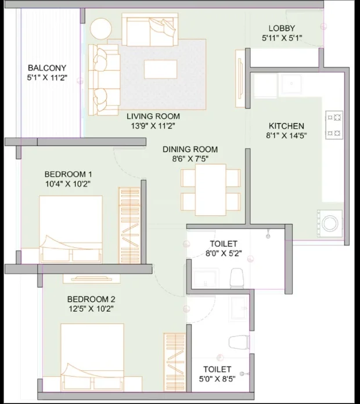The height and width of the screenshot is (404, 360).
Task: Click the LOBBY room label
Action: tap(282, 28)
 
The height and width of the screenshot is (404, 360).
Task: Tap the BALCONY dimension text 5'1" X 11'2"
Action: tap(48, 78)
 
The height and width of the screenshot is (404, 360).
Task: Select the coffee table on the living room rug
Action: tap(160, 69)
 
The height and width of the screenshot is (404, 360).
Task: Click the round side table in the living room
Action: tap(101, 29)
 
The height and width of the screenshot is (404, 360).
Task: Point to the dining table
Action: tap(211, 190)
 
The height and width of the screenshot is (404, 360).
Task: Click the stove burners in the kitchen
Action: tap(334, 125)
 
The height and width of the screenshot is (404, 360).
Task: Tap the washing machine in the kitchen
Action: tap(330, 223)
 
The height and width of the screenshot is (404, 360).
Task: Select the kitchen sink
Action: tap(291, 84)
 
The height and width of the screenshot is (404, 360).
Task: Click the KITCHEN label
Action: tap(286, 126)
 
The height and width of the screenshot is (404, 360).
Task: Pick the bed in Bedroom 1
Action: tap(71, 229)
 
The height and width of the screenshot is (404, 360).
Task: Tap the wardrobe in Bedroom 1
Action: tap(129, 226)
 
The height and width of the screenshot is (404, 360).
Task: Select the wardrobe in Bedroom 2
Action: tap(175, 363)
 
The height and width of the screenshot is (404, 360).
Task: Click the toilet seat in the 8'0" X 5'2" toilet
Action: tap(236, 278)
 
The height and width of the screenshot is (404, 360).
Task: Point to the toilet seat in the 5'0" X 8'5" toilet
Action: tap(239, 342)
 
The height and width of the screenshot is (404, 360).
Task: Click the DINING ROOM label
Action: tap(190, 149)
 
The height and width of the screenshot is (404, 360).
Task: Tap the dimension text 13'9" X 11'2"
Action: tap(153, 126)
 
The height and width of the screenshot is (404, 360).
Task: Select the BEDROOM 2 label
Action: tap(91, 299)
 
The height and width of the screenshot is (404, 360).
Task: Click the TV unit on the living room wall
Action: tap(240, 78)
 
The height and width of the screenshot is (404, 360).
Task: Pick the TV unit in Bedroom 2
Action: tap(92, 279)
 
